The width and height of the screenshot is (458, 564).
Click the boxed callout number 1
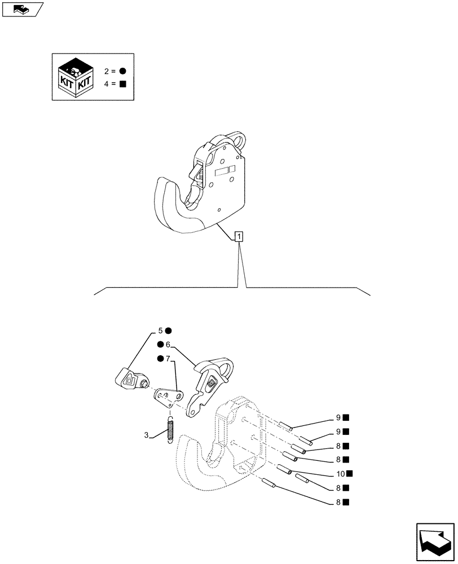point(240,237)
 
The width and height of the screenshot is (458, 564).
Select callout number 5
point(160,331)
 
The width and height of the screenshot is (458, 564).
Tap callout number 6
point(168,345)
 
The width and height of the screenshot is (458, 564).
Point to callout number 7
point(168,359)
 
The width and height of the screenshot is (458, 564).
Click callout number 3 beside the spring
point(146,435)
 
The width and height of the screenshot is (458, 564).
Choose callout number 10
point(340,473)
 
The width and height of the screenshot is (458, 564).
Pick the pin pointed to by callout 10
point(283,469)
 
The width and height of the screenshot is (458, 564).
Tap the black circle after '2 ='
point(122,71)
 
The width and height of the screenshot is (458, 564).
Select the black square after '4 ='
point(122,85)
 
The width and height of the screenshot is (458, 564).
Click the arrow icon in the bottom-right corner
point(434,542)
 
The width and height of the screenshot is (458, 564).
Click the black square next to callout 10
point(350,473)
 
